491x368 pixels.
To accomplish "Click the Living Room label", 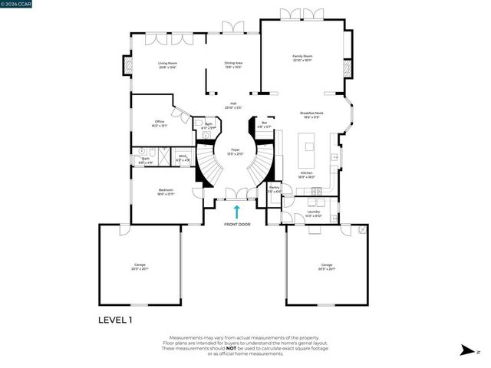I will (167, 64).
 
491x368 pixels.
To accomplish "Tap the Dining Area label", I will (233, 64).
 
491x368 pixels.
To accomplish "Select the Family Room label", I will (302, 56).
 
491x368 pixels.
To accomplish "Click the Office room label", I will (160, 121).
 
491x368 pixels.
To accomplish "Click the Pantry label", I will (274, 187).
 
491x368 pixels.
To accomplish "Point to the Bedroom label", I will (166, 190).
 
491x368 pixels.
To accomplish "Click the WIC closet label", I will (183, 156).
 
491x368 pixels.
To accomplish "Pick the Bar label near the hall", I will (265, 123).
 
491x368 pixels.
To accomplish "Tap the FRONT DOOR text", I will (237, 225).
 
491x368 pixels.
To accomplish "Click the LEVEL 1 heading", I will (115, 320).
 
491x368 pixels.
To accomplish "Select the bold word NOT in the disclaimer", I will (253, 348).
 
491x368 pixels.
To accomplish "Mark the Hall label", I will (233, 104).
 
